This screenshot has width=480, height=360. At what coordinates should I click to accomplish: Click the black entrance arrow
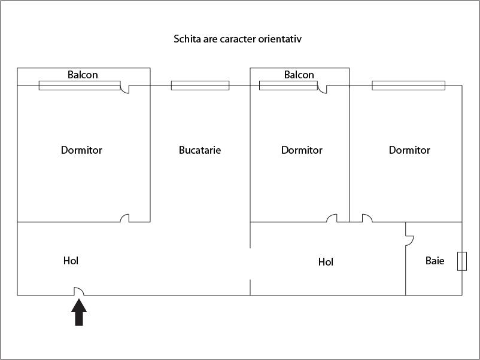click(x=79, y=313)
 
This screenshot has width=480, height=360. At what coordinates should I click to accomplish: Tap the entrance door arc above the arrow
click(x=78, y=291)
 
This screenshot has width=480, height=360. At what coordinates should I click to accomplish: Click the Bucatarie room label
click(x=200, y=150)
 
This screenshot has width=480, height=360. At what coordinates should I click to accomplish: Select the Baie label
click(x=435, y=261)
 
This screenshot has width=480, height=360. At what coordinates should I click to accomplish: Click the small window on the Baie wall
click(x=461, y=261)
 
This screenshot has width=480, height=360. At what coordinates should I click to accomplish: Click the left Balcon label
click(x=83, y=75)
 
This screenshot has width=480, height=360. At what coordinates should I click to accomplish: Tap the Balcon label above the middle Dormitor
click(x=299, y=75)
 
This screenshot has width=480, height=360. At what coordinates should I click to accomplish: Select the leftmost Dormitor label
click(x=81, y=150)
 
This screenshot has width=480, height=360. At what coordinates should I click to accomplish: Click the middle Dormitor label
click(x=302, y=150)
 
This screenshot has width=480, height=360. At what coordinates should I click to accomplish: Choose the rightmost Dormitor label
click(x=409, y=150)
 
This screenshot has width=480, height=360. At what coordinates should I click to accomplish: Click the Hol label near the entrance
click(x=71, y=261)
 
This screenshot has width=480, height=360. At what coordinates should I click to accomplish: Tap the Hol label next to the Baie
click(x=326, y=262)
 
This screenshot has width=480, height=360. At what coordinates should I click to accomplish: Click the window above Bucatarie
click(x=200, y=86)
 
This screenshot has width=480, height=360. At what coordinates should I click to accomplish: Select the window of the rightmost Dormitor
click(x=408, y=86)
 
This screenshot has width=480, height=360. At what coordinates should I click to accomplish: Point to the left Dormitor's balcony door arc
click(x=124, y=89)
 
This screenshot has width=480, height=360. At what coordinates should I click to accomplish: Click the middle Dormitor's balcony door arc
click(x=322, y=89)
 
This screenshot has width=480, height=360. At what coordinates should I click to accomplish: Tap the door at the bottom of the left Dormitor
click(x=124, y=218)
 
